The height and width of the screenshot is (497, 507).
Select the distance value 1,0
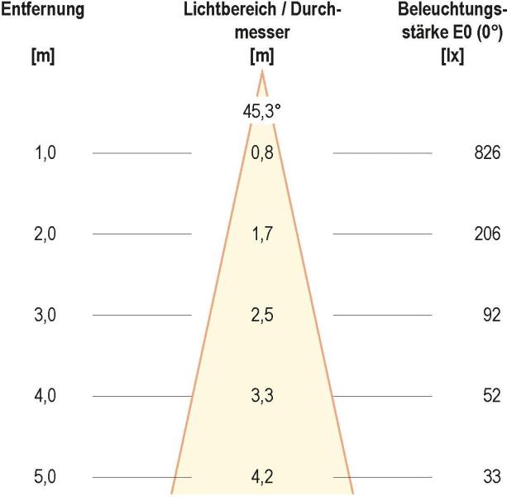coord(45,153)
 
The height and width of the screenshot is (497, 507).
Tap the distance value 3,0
coord(45,316)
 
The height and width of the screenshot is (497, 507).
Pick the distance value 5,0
coord(45,478)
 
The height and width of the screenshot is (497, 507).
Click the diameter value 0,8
coord(261,153)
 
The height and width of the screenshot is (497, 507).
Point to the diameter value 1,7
coord(261,234)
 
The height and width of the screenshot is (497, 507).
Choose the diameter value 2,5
coord(261,316)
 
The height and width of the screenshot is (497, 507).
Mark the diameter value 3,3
coord(261,397)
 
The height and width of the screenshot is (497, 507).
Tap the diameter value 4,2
coord(261,478)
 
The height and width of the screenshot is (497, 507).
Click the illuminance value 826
coord(488,153)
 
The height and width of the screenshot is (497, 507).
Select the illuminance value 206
coord(488,234)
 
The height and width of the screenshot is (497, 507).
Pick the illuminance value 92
coord(491,316)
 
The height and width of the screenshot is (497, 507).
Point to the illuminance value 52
coord(491,397)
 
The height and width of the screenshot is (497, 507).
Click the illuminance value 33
coord(491,478)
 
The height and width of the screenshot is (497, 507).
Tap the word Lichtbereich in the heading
coord(221,12)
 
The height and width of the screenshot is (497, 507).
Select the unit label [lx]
coord(452,59)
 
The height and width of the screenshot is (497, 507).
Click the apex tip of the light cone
coord(262,73)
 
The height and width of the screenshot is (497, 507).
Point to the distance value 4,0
coord(45,397)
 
